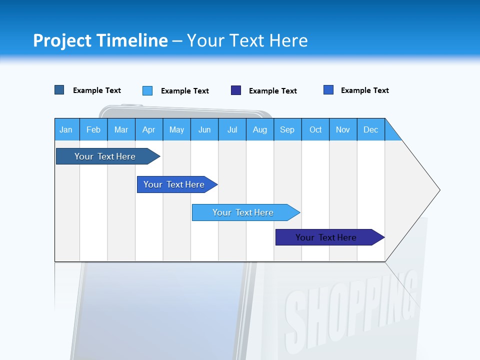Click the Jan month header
66,129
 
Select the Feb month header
93,129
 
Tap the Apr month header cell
149,129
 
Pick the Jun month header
204,129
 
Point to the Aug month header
260,129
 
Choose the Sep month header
287,129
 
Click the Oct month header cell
315,129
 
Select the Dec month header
371,129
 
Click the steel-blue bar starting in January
105,156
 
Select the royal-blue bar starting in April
174,184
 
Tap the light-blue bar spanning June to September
243,212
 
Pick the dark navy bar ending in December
326,237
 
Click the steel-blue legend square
59,90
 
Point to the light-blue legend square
147,90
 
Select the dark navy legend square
236,90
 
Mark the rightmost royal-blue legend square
328,90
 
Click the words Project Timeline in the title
100,40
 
